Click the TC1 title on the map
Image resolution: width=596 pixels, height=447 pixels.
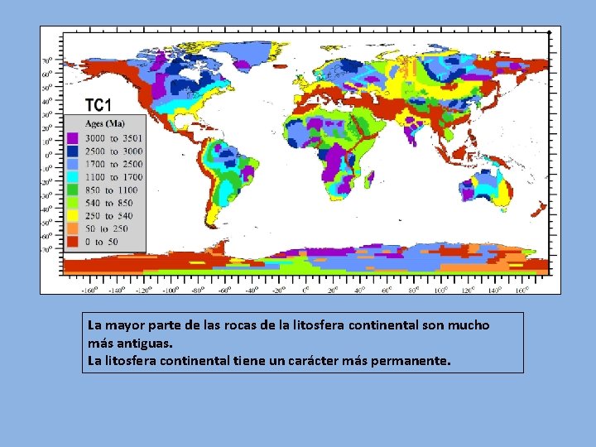(x=98, y=105)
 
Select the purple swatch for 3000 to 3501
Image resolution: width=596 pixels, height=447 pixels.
(x=73, y=138)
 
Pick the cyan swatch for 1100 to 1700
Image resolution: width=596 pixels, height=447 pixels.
(x=73, y=177)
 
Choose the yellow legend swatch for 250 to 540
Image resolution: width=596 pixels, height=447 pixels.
(x=73, y=215)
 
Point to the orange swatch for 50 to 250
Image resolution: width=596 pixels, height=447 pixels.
(x=73, y=228)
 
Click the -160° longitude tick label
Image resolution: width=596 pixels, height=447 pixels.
(x=89, y=290)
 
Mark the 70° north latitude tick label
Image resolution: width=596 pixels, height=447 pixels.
(x=48, y=60)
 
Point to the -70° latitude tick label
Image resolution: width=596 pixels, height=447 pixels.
(x=47, y=248)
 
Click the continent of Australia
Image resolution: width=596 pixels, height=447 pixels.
(x=497, y=186)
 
